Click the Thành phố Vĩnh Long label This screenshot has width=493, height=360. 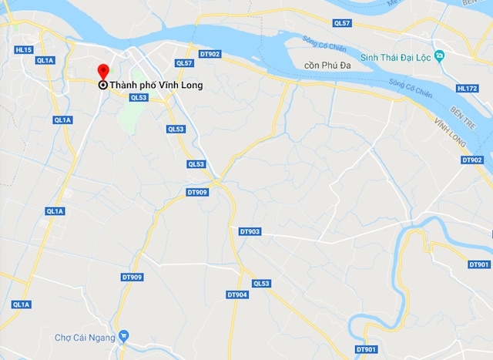[x=156, y=86]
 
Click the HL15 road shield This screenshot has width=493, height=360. [x=24, y=50]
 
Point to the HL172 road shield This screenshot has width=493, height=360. [x=468, y=89]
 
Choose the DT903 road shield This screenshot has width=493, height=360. [x=250, y=231]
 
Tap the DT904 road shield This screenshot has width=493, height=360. [x=237, y=294]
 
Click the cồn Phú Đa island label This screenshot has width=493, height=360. [x=327, y=66]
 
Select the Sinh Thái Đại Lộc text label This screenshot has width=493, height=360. [x=395, y=57]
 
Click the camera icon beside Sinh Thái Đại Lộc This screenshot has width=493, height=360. [x=439, y=56]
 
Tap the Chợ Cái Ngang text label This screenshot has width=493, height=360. [x=85, y=337]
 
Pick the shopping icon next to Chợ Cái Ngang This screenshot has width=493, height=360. [x=124, y=337]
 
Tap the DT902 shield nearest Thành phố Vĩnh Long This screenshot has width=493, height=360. [x=210, y=54]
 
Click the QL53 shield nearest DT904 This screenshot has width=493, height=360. [x=261, y=284]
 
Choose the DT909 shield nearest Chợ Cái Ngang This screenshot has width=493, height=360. [x=132, y=278]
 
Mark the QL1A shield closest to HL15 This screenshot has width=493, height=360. [x=45, y=60]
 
